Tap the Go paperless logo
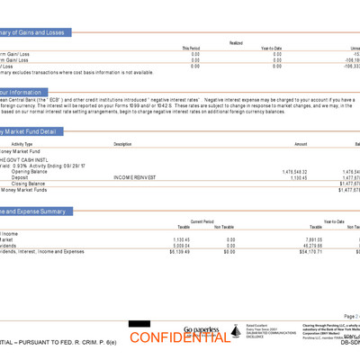(202, 330)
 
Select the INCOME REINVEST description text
(135, 177)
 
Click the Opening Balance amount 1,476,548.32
(294, 171)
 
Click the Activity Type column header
(22, 144)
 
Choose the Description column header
(122, 144)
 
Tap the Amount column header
(301, 144)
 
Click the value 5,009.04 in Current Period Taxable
(181, 245)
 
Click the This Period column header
(191, 49)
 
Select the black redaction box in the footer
(138, 324)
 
